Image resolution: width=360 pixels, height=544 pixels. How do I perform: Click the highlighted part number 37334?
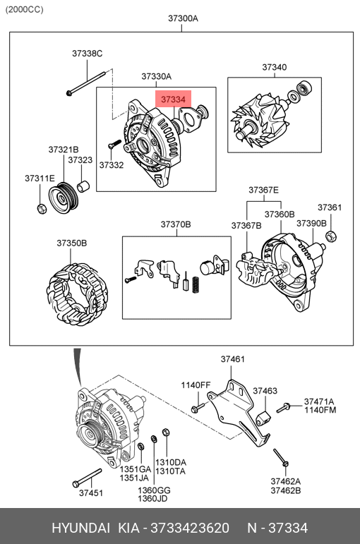click(x=173, y=99)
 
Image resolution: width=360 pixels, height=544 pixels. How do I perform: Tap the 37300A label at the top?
click(x=183, y=18)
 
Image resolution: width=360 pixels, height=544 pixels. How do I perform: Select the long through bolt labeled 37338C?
click(x=85, y=83)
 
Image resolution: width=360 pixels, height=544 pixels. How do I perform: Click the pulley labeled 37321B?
click(x=64, y=198)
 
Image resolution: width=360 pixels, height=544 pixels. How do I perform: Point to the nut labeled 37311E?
click(x=42, y=209)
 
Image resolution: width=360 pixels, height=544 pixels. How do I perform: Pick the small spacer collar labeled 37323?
click(x=83, y=186)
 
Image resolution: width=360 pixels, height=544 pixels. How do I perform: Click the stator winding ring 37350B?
click(x=77, y=294)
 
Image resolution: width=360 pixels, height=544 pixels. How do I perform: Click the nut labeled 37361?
click(x=331, y=236)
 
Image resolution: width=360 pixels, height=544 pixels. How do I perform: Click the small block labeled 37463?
click(x=263, y=418)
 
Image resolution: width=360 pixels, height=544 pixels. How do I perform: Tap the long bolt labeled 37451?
click(x=87, y=478)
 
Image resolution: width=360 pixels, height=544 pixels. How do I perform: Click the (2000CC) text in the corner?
click(x=24, y=10)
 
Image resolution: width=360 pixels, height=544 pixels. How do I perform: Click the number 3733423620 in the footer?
click(x=190, y=528)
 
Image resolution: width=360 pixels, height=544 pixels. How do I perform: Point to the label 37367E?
click(x=263, y=190)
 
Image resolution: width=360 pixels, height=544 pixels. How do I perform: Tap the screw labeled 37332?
click(x=114, y=145)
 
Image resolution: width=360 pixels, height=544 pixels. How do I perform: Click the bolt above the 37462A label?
click(x=281, y=458)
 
